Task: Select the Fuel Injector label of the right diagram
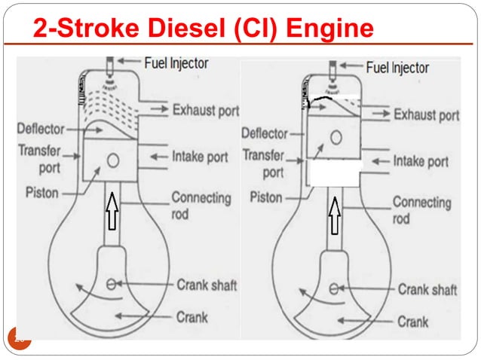(x=409, y=68)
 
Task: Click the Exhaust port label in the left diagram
(x=206, y=110)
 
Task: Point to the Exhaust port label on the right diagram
(x=426, y=115)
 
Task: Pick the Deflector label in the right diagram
(x=265, y=133)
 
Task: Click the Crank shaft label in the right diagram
(x=427, y=289)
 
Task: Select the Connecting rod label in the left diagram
(x=201, y=205)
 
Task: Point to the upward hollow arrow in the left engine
(x=112, y=209)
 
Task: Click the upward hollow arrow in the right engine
(x=333, y=215)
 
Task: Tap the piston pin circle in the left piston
(x=113, y=160)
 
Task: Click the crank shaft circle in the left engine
(x=112, y=284)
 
